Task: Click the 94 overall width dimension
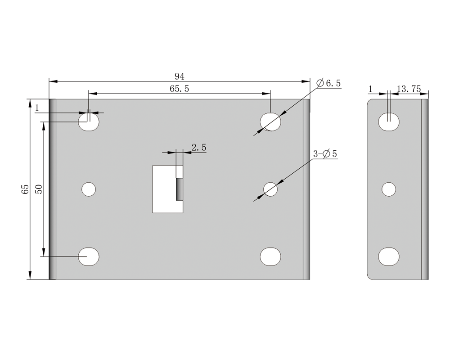(x=180, y=76)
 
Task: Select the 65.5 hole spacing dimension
(x=180, y=89)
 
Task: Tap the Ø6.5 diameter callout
(x=328, y=83)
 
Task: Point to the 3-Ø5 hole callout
(x=325, y=154)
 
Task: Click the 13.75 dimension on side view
(x=409, y=89)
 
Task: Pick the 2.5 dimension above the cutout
(x=199, y=148)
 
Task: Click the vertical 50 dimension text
(x=38, y=189)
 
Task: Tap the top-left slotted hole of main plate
(x=89, y=121)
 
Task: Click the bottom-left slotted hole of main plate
(x=89, y=256)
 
